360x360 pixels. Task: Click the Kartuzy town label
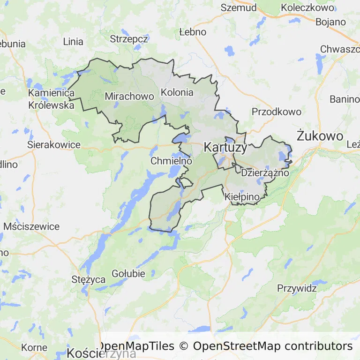click(225, 148)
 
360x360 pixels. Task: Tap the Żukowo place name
click(320, 136)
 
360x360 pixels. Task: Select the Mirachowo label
click(129, 96)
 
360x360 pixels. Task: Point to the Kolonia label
click(177, 92)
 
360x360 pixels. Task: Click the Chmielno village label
click(172, 161)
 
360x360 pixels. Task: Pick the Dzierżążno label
click(265, 172)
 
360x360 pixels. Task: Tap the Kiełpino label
click(242, 197)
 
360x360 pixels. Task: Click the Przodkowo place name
click(276, 112)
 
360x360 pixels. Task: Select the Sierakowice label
click(54, 144)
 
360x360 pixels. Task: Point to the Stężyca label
click(89, 280)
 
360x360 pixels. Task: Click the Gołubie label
click(128, 273)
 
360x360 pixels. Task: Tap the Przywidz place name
click(297, 288)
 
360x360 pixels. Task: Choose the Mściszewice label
click(31, 226)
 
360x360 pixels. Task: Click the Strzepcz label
click(129, 39)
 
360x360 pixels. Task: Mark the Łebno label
click(193, 32)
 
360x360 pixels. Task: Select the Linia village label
click(73, 41)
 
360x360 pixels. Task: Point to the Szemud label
click(239, 7)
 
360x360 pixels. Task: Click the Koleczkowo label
click(307, 7)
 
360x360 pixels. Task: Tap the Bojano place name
click(330, 22)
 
